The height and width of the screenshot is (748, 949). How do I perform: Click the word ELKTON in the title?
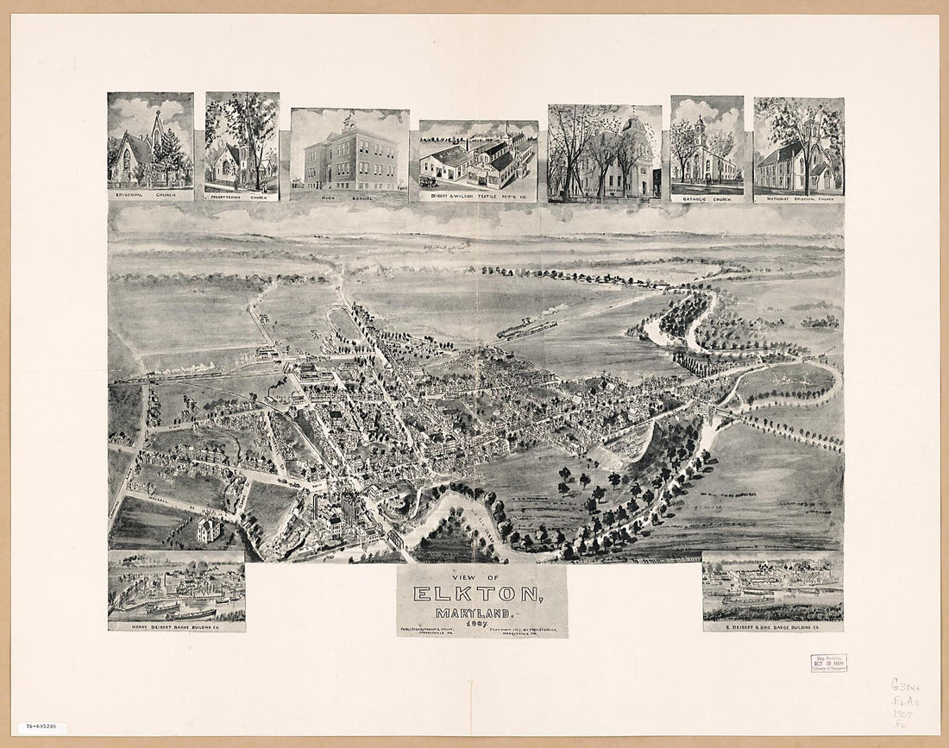479,594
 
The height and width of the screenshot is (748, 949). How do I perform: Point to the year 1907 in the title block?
480,623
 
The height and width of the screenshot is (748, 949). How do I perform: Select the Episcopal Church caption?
150,195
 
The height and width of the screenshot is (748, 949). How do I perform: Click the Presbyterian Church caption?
242,196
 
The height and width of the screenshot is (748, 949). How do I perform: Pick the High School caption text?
349,197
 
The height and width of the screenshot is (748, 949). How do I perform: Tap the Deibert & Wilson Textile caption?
479,197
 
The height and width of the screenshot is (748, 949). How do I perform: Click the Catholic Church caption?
707,198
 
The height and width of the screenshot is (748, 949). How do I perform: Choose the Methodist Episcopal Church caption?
799,198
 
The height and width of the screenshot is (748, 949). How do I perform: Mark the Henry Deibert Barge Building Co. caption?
176,625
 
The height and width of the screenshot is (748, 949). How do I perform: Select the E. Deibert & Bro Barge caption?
773,626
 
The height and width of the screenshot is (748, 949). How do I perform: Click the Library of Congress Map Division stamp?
828,663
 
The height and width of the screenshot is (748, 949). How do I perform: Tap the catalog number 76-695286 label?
41,728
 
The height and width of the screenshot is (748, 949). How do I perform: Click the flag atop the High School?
350,113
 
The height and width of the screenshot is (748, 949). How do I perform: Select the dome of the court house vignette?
637,129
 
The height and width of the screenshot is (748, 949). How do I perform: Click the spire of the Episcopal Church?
158,121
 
